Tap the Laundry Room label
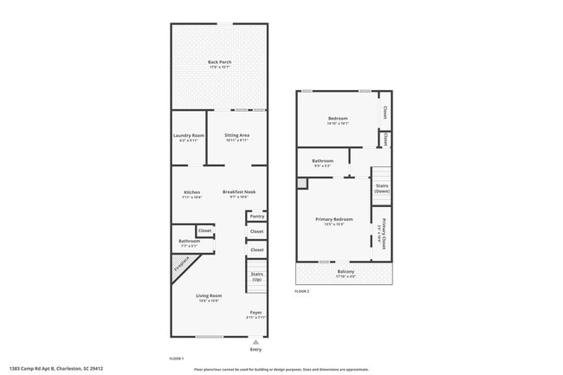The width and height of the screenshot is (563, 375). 189,136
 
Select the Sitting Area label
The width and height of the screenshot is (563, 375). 236,136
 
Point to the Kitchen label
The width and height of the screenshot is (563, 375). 191,192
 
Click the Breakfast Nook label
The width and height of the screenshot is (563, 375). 238,192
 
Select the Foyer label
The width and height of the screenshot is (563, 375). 256,313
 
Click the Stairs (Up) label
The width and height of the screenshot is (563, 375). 256,277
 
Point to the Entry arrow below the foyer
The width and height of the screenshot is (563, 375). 255,341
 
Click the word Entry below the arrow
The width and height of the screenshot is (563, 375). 255,349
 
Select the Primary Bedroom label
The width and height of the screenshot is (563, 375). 334,219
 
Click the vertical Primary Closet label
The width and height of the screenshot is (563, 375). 383,236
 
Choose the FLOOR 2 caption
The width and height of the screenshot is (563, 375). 301,291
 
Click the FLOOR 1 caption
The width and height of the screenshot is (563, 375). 176,358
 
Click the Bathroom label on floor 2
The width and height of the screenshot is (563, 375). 323,160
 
